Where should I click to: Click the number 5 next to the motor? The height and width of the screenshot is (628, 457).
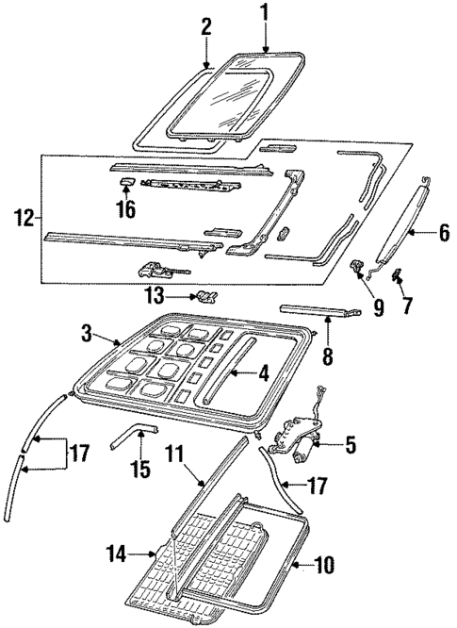(x=350, y=442)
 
